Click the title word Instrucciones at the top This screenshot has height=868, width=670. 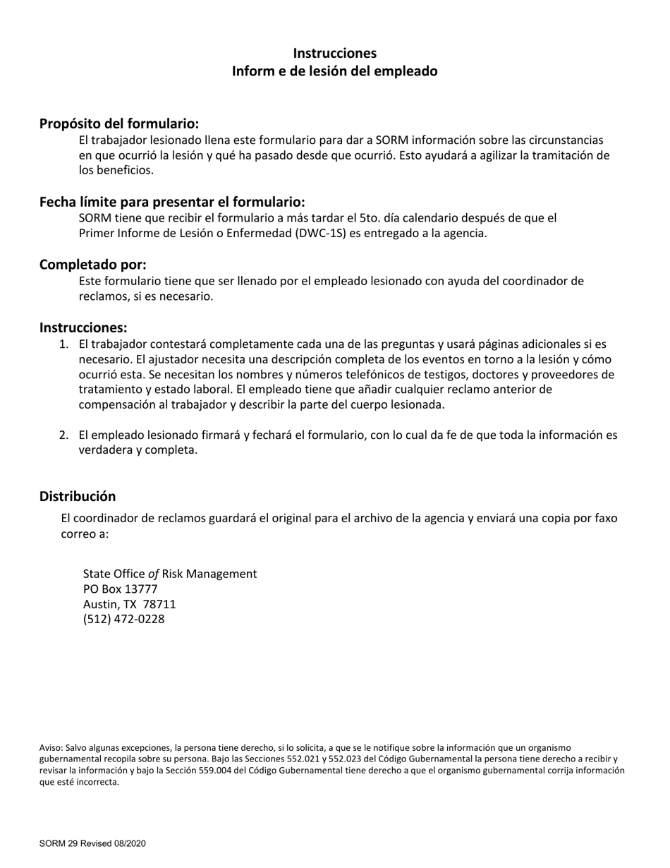pos(334,54)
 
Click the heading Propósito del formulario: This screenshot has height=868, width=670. pos(119,123)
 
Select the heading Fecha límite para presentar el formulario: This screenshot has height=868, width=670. pos(172,202)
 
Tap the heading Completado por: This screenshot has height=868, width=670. pos(92,265)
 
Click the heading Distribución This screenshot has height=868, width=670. pos(78,496)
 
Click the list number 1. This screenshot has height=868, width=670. pos(63,344)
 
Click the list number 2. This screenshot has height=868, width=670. pos(63,435)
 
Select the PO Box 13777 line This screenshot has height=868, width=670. pos(120,589)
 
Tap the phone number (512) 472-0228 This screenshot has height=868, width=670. pos(123,620)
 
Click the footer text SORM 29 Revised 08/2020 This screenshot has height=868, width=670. pos(92,843)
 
